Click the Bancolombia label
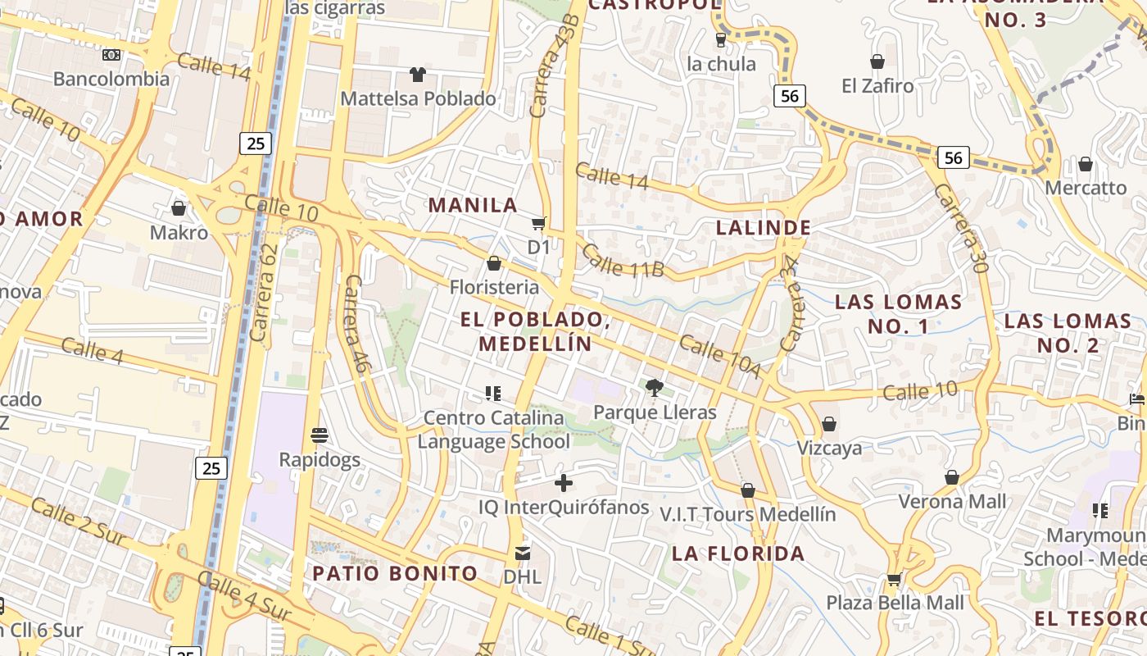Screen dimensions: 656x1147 click(111, 79)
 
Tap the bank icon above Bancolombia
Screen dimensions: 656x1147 click(111, 55)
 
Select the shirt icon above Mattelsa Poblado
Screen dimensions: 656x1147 click(418, 75)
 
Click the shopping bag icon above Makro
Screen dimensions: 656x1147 click(179, 208)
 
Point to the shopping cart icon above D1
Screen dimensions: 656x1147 click(538, 223)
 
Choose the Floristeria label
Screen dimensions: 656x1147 click(494, 287)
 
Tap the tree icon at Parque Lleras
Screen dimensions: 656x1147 click(654, 387)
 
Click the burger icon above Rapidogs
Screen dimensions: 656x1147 click(320, 435)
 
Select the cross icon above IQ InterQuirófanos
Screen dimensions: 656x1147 click(564, 483)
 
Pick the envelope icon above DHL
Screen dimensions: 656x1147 click(523, 553)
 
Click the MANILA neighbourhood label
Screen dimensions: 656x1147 click(474, 205)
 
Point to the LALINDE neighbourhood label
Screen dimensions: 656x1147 click(764, 228)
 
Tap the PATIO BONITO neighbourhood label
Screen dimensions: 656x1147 click(395, 573)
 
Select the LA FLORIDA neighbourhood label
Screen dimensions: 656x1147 click(738, 553)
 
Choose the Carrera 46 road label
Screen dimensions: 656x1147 click(356, 325)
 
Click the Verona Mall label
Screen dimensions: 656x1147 click(952, 501)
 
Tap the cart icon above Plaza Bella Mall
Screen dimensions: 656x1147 click(894, 579)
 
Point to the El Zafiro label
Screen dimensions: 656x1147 click(877, 85)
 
